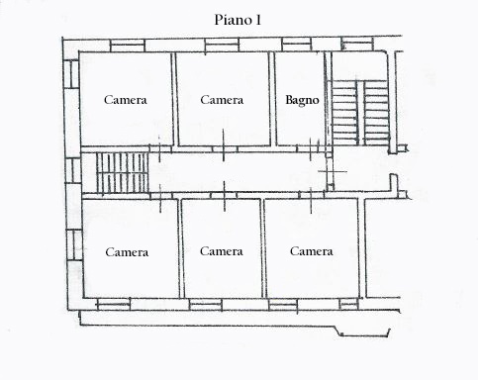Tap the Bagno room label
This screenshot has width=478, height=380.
coord(302,100)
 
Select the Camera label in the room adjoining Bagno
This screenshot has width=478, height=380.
coord(222,100)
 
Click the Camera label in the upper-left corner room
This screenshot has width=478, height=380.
coord(126,100)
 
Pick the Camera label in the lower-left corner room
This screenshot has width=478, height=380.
coord(127,252)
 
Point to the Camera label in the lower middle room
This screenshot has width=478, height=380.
coord(222,251)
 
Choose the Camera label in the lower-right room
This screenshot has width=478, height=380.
coord(312,251)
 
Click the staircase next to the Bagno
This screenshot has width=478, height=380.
coord(360,113)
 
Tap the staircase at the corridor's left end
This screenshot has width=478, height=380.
coord(123,172)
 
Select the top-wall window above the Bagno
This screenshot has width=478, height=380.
coord(297,45)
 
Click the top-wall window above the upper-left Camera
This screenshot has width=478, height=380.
coord(128,46)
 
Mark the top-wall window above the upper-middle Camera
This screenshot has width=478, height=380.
coord(222,45)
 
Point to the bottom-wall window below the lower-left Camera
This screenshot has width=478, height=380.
coord(114,304)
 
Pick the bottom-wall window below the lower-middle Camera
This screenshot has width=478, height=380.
coord(206,305)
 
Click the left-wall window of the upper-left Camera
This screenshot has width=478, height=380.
coord(71,74)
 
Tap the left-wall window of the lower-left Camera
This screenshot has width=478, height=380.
coord(74,245)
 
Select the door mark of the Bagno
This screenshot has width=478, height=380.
coord(311,149)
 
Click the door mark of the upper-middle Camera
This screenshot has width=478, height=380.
coord(224,145)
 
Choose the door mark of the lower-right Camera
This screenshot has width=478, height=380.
coord(311,200)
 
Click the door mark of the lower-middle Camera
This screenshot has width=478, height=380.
coord(225,196)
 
